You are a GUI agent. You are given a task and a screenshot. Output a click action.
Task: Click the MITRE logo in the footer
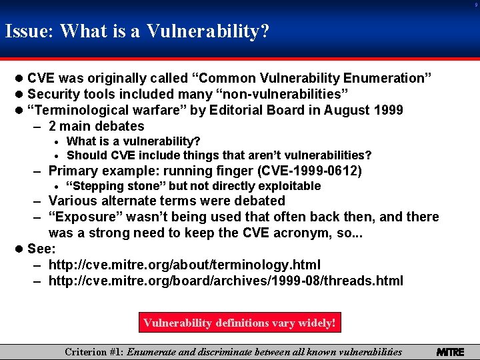450,351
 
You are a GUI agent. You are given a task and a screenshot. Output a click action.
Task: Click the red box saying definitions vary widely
239,323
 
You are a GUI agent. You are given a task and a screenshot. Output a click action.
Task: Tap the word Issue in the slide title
29,31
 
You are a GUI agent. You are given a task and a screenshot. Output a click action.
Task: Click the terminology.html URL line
184,265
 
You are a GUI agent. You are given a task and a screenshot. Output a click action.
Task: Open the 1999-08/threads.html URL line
225,281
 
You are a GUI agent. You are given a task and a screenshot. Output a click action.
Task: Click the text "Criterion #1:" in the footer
94,351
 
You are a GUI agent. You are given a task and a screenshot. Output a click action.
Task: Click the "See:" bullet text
42,249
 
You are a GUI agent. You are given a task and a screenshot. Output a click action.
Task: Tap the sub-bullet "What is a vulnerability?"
133,141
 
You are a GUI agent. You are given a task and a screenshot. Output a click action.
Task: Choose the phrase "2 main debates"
96,126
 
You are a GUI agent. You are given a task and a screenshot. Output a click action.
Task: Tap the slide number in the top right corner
475,5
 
